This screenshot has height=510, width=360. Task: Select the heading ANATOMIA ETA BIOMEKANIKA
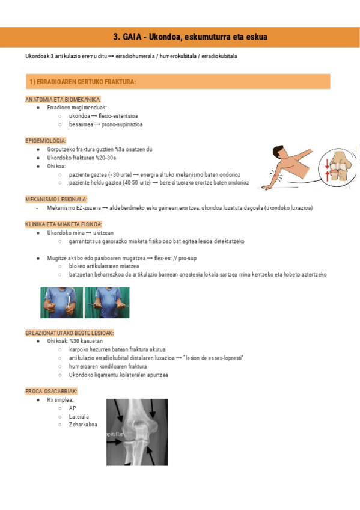click(x=63, y=99)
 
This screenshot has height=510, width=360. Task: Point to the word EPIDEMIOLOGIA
click(x=46, y=140)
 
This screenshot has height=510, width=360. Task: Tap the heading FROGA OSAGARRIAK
click(x=51, y=391)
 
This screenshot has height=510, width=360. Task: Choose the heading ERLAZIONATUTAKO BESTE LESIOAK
click(x=69, y=333)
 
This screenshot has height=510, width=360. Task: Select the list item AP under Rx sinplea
click(x=72, y=408)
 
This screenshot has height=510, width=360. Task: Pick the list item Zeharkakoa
click(x=83, y=425)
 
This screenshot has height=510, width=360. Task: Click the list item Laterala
click(x=79, y=416)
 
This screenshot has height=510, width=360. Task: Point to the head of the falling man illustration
click(x=276, y=150)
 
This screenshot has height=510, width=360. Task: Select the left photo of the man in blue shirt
click(x=62, y=303)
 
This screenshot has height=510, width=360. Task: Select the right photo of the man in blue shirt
click(x=107, y=303)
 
